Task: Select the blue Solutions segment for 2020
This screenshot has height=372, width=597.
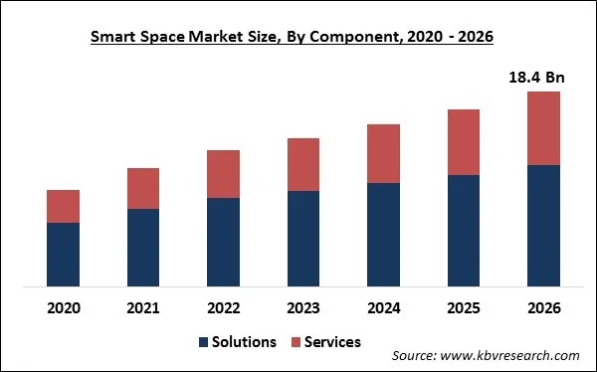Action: (64, 256)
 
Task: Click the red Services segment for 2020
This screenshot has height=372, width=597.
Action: (64, 206)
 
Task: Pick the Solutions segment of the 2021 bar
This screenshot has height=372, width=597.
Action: (143, 249)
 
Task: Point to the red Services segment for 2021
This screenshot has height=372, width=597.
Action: (143, 188)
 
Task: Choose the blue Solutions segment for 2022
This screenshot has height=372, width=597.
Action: (223, 243)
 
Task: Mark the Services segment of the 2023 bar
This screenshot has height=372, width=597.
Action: (303, 164)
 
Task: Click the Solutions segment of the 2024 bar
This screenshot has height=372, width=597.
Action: (383, 236)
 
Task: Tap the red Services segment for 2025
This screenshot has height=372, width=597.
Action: (464, 142)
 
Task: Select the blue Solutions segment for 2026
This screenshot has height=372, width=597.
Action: (543, 227)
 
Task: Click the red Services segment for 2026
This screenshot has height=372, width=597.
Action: (543, 128)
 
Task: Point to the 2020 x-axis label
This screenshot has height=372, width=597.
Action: (64, 307)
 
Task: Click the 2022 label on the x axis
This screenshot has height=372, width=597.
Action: (223, 307)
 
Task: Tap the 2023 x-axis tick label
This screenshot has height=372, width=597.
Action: (303, 307)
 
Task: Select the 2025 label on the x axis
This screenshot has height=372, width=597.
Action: (464, 307)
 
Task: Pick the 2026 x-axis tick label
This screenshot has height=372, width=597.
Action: (543, 307)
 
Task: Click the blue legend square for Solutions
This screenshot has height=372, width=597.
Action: (204, 342)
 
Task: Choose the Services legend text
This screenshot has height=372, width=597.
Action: (332, 342)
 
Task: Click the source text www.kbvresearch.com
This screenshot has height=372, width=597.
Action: (512, 355)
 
